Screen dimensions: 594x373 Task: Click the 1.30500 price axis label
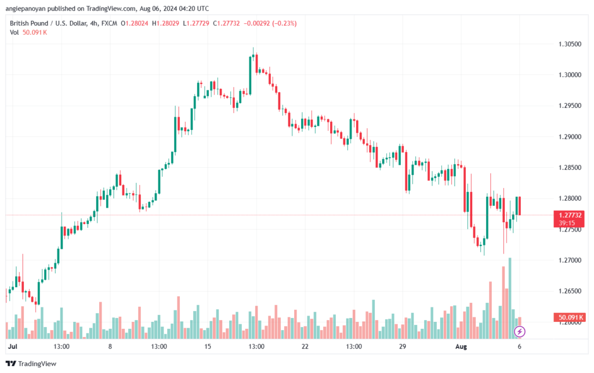[x=570, y=44]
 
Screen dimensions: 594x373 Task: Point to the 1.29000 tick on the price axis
[x=570, y=137]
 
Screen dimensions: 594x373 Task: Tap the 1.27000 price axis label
[x=570, y=260]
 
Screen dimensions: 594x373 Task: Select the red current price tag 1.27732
[x=569, y=219]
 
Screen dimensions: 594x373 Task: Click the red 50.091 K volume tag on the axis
[x=569, y=317]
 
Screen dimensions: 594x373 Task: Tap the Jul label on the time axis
[x=13, y=346]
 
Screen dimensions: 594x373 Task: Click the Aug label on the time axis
[x=461, y=346]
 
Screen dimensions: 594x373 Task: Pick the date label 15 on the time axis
[x=208, y=346]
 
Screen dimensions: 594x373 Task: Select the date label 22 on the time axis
[x=305, y=346]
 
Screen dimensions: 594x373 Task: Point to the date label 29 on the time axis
[x=403, y=346]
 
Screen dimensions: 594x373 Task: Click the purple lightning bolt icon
[x=519, y=332]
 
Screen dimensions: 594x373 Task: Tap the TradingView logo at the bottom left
[x=31, y=364]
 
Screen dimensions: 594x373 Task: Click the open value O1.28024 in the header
[x=135, y=23]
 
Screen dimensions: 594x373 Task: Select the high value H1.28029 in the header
[x=165, y=23]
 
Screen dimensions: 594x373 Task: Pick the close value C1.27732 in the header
[x=226, y=23]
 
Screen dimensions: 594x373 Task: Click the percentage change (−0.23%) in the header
[x=284, y=23]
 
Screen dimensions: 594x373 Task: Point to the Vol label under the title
[x=15, y=32]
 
